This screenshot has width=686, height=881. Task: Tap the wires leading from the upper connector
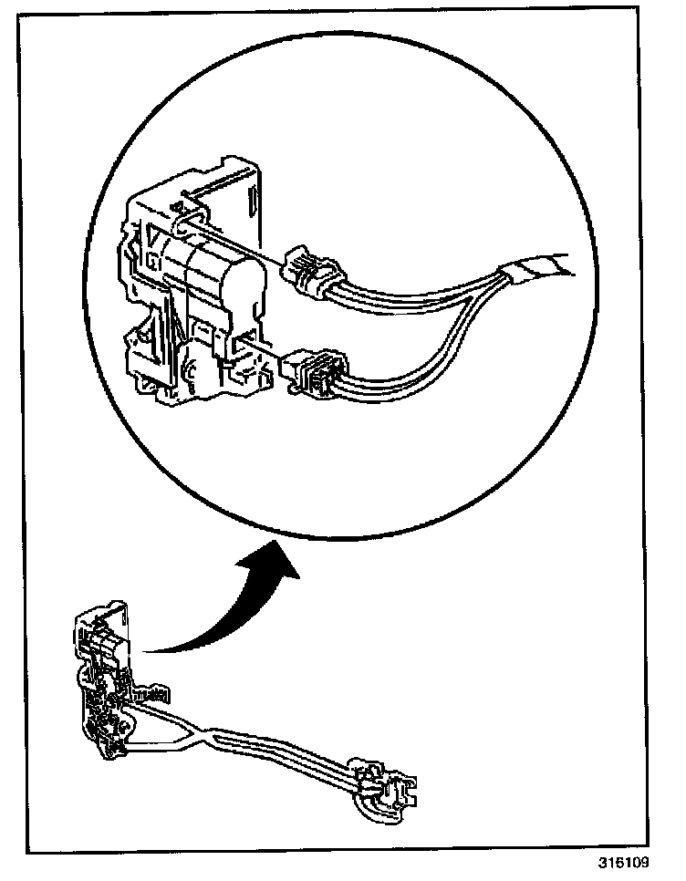(x=411, y=291)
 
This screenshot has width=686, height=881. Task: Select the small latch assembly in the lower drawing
(x=105, y=684)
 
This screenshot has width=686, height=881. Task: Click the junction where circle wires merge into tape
(x=497, y=273)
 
